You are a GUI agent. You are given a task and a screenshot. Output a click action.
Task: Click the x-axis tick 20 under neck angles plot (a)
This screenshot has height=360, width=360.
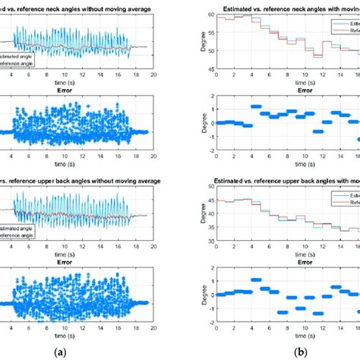154,75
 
